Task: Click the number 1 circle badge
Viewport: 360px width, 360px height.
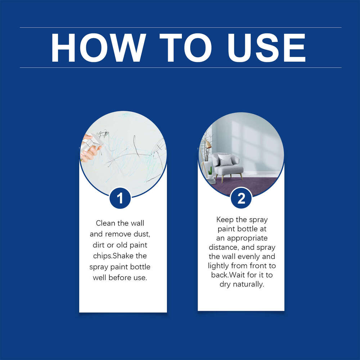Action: tap(120, 198)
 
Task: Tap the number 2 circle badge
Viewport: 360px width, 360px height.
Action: tap(241, 198)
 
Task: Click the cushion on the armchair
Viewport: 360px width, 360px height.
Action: tap(225, 160)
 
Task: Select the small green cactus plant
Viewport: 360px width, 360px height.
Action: tap(210, 172)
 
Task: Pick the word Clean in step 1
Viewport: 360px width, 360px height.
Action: tap(105, 224)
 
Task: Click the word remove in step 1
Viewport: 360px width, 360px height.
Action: tap(119, 234)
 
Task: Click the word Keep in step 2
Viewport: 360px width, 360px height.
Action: tap(225, 220)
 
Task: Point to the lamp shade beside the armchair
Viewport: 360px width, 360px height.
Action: tap(208, 145)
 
